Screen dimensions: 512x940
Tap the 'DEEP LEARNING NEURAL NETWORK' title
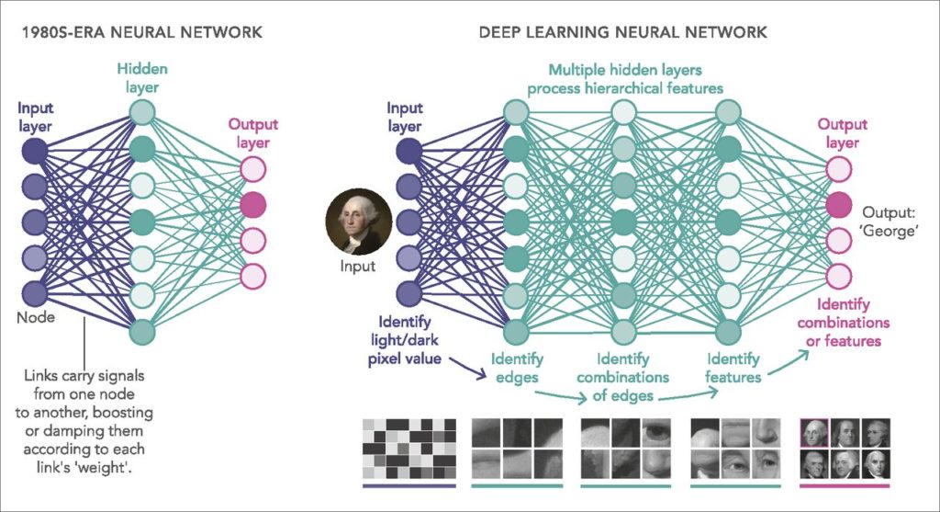(622, 32)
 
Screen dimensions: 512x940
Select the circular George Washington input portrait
(359, 222)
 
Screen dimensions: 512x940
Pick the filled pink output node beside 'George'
(838, 204)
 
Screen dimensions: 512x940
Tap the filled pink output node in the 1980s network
(253, 204)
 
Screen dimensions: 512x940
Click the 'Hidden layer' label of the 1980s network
(142, 77)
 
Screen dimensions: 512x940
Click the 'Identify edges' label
(517, 368)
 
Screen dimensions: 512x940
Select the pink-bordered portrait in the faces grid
(813, 432)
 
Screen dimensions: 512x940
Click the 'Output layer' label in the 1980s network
(253, 133)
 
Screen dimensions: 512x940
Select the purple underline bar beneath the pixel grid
(408, 485)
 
